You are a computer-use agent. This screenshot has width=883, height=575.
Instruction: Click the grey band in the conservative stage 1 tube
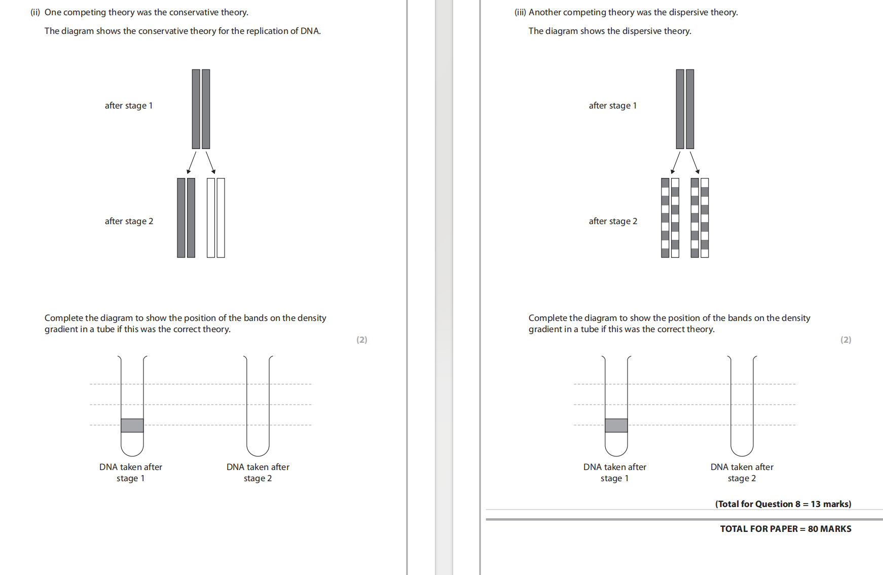pos(132,425)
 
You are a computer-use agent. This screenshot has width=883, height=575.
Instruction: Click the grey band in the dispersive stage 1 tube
pos(616,425)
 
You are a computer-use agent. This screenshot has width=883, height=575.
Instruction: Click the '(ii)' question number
pos(35,12)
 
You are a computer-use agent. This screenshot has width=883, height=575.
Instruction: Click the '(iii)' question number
pos(520,12)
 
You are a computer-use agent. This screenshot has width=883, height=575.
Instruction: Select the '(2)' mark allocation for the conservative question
pos(361,340)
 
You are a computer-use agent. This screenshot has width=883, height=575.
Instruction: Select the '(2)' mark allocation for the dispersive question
pos(845,340)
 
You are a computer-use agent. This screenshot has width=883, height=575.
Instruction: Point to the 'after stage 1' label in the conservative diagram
pos(129,105)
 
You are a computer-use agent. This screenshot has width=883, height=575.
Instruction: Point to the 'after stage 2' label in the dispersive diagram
pos(613,221)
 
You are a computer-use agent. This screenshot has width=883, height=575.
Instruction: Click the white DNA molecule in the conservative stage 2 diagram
pos(216,218)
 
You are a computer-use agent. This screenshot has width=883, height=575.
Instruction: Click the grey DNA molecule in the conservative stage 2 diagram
pos(186,218)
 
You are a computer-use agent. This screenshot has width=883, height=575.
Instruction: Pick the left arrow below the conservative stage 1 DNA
pos(192,163)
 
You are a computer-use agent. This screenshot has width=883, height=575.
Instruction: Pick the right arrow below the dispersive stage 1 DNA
pos(694,163)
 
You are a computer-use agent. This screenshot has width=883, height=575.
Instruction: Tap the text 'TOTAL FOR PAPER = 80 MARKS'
pos(786,529)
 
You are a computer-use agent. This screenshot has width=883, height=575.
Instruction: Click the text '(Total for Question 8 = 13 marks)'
pos(783,504)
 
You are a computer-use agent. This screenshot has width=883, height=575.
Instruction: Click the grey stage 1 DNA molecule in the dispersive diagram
pos(685,109)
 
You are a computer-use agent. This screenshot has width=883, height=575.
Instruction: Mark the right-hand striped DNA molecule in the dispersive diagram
pos(700,218)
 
